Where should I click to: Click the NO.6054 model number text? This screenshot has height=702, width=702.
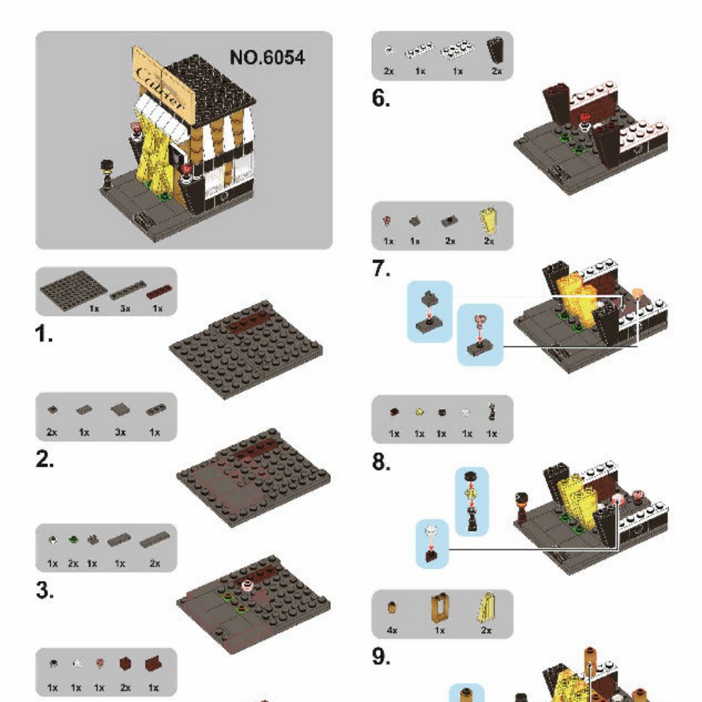pyautogui.click(x=267, y=57)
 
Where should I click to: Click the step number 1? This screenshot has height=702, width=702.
pyautogui.click(x=44, y=335)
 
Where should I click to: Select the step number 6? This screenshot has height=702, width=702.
pyautogui.click(x=381, y=99)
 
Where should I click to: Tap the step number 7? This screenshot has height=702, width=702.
pyautogui.click(x=381, y=269)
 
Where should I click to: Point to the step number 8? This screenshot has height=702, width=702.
pyautogui.click(x=381, y=462)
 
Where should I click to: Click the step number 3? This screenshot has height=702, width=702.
pyautogui.click(x=44, y=591)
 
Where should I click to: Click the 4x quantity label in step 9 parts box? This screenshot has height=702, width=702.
pyautogui.click(x=392, y=630)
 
